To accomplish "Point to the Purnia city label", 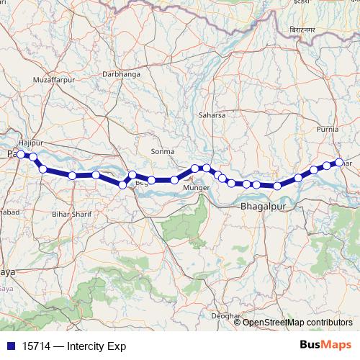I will (328, 130).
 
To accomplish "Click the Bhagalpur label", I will (262, 207).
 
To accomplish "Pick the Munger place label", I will (196, 188).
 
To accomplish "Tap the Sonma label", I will (163, 151).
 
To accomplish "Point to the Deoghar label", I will (225, 316).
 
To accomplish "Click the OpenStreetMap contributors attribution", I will (297, 322).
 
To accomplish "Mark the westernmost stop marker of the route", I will (21, 154).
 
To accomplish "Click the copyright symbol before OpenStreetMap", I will (238, 322).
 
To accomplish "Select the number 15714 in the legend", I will (37, 346).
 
